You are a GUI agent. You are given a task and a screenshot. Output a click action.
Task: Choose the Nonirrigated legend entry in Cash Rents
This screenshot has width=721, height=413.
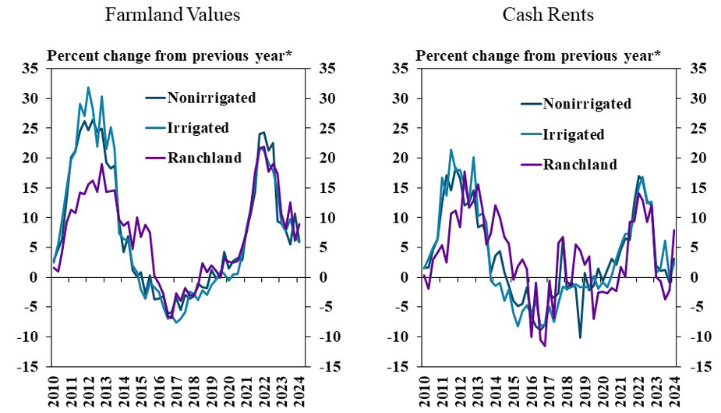[x=586, y=104]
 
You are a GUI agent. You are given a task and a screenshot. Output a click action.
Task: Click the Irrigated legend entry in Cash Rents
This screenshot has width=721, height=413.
[x=573, y=134]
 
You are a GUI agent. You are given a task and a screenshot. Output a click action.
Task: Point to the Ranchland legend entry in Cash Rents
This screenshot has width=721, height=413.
[x=579, y=164]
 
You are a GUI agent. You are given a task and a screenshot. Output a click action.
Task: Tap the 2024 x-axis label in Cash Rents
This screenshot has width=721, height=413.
[x=673, y=390]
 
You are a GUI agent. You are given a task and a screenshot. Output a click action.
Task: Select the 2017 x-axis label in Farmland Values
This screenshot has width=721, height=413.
[x=177, y=390]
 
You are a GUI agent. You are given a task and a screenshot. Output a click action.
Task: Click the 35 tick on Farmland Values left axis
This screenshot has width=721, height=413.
[x=32, y=69]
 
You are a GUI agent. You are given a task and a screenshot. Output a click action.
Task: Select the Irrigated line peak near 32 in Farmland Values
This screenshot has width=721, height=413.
[x=88, y=87]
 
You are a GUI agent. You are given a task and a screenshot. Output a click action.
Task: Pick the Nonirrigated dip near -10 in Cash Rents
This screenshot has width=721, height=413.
[x=580, y=337]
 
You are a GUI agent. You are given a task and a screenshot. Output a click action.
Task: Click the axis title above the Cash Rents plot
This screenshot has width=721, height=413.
[x=538, y=55]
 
